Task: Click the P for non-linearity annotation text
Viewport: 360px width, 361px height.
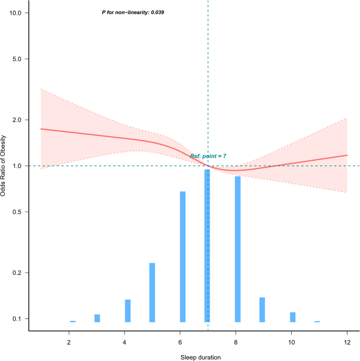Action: (132, 12)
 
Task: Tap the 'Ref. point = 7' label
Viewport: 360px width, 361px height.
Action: (208, 156)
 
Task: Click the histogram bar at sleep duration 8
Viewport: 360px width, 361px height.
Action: (238, 249)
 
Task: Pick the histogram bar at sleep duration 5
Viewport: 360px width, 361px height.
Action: (152, 292)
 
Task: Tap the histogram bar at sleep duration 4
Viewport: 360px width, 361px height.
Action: (128, 311)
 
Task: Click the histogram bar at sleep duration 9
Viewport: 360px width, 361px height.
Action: (262, 310)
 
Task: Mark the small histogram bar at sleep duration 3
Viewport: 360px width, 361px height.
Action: (97, 318)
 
